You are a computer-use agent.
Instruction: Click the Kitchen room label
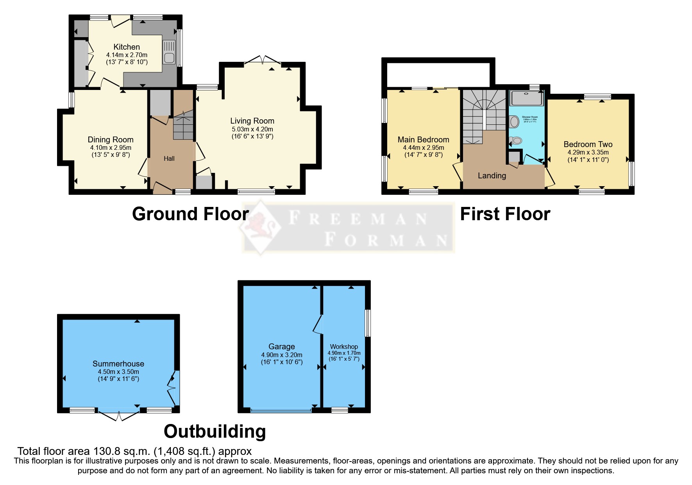tap(127, 47)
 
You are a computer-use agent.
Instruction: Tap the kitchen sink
tap(169, 52)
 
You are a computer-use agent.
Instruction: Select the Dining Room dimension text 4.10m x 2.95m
tap(111, 148)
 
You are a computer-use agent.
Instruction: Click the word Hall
tap(169, 158)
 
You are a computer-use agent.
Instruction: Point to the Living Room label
tap(252, 121)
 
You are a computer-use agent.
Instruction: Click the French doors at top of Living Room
tap(263, 60)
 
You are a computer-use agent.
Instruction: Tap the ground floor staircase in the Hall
tap(183, 125)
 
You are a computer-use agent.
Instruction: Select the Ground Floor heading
tap(190, 214)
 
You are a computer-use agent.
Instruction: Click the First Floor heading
tap(505, 214)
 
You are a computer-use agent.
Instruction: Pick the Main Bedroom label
tap(423, 140)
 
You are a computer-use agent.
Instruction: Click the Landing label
tap(492, 176)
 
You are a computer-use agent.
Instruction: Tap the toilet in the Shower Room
tap(517, 141)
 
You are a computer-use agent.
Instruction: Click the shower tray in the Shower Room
tap(526, 98)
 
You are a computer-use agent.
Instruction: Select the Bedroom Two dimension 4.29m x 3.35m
tap(588, 152)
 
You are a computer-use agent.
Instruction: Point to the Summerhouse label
tap(118, 364)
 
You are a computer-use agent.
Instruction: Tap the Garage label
tap(281, 347)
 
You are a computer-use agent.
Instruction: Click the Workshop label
tap(344, 347)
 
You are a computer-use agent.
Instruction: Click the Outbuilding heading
tap(215, 431)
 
